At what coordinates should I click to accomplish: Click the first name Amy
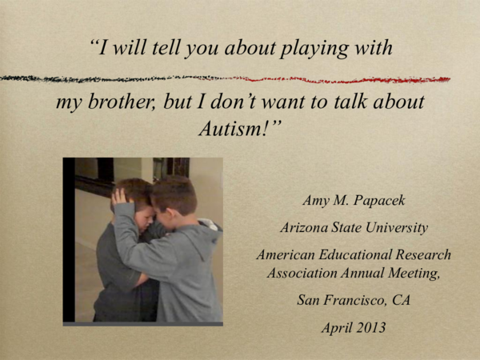tap(316, 200)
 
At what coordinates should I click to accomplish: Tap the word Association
tap(298, 271)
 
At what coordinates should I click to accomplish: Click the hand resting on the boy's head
tap(121, 197)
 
